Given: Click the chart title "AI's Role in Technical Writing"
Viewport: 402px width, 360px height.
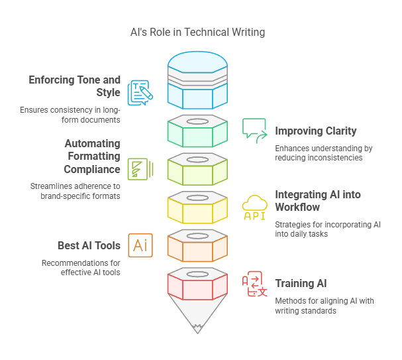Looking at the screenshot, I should coord(197,32).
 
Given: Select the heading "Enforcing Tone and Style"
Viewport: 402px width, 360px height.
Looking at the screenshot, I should coord(75,86).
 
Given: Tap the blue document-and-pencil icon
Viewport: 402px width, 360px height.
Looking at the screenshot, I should coord(140,93).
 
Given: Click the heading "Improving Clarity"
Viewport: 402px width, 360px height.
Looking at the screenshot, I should coord(316,131).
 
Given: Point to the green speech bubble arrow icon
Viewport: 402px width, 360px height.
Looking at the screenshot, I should coord(254,130).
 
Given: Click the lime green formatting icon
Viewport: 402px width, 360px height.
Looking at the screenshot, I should coord(140,169).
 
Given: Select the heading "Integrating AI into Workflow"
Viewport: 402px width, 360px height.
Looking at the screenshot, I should coord(318,201).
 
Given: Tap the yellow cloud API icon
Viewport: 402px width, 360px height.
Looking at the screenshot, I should coord(255,207).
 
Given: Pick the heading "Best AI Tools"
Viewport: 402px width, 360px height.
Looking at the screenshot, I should coord(89,245).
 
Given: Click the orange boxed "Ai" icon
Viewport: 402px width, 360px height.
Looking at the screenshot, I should coord(140,245).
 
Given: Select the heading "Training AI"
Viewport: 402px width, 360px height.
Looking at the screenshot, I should coord(301,283).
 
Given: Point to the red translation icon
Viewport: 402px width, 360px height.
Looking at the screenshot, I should coord(255,284).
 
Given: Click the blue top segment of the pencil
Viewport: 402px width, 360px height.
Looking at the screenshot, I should coord(197,93).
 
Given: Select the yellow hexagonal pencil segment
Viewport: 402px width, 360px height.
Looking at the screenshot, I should coord(197,211).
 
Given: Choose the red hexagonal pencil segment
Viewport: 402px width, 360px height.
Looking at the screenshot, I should coord(197,287).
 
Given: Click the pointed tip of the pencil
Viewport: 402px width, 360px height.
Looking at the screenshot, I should coord(197,326).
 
